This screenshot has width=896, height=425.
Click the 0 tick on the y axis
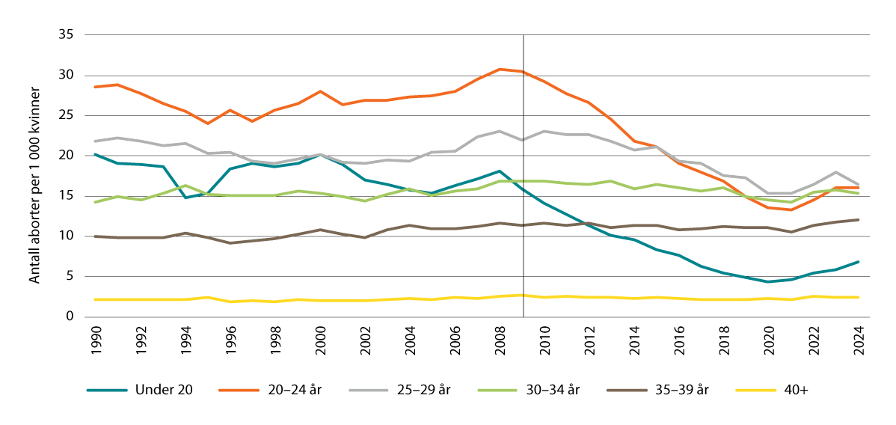[70, 317]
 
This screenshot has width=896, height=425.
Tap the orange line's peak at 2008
[499, 69]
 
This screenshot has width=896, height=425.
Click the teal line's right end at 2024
[857, 262]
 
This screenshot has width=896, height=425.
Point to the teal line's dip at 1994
[185, 198]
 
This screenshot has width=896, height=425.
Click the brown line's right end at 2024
[857, 219]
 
